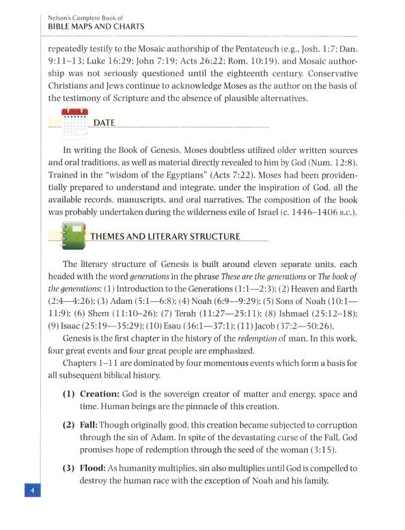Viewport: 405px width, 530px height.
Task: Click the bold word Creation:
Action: point(103,394)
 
